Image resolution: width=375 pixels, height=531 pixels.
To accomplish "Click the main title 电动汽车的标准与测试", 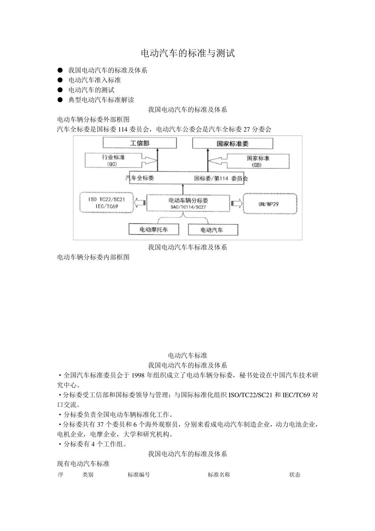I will (x=187, y=53).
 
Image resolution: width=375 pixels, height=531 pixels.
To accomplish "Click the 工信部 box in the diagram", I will (x=140, y=143).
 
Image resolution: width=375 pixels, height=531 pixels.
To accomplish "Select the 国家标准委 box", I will (x=232, y=143).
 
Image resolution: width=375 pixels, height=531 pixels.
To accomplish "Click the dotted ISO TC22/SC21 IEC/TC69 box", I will (x=106, y=203).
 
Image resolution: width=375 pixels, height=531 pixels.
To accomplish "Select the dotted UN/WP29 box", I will (x=270, y=204).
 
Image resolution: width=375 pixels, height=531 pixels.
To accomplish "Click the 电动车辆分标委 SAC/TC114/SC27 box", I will (x=188, y=203).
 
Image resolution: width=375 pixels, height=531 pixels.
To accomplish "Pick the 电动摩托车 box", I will (x=154, y=230).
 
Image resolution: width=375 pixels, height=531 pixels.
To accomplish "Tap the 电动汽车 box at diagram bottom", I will (x=213, y=230).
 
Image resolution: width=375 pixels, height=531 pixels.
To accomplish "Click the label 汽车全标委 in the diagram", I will (x=140, y=178).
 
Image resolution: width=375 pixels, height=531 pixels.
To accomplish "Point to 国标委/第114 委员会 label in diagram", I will (x=221, y=179).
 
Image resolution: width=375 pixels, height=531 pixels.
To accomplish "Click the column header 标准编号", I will (x=139, y=475).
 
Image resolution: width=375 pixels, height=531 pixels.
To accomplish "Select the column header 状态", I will (x=294, y=475).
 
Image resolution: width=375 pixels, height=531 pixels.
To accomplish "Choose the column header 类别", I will (x=88, y=475).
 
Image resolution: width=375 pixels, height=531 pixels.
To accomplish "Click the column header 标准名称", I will (x=219, y=475).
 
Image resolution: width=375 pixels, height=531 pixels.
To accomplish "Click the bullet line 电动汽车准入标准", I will (x=95, y=80).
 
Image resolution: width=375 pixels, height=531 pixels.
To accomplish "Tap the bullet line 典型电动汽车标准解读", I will (x=101, y=100).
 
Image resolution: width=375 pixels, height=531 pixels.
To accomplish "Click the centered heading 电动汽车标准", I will (x=187, y=356).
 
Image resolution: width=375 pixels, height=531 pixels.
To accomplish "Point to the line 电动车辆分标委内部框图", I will (x=94, y=257).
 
